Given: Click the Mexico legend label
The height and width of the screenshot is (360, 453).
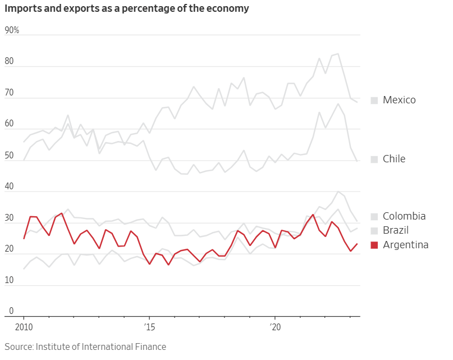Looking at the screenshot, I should click(x=399, y=100).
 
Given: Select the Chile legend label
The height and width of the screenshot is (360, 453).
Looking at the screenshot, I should click(x=393, y=159).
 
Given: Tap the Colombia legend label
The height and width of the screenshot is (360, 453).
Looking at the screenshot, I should click(x=404, y=216).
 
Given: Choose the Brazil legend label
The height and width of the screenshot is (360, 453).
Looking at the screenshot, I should click(x=395, y=230).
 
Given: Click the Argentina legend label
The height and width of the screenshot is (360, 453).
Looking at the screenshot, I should click(x=405, y=245).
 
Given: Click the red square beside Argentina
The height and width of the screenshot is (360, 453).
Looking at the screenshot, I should click(x=374, y=245).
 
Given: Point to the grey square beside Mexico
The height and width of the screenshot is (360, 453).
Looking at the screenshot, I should click(x=374, y=100).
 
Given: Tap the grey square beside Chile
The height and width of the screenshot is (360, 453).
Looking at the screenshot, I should click(x=374, y=159).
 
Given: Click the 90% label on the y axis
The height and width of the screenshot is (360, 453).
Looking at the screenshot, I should click(x=12, y=30).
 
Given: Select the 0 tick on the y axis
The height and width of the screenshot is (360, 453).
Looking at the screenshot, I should click(x=11, y=311).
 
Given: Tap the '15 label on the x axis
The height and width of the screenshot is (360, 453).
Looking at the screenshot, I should click(x=149, y=327).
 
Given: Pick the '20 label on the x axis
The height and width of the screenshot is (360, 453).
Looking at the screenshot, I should click(x=275, y=327).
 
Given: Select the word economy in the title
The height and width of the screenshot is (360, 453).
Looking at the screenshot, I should click(x=228, y=9).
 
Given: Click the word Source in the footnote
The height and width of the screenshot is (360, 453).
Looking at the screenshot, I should click(x=19, y=347).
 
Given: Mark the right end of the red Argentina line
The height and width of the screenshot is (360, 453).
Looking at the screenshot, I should click(x=358, y=243).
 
